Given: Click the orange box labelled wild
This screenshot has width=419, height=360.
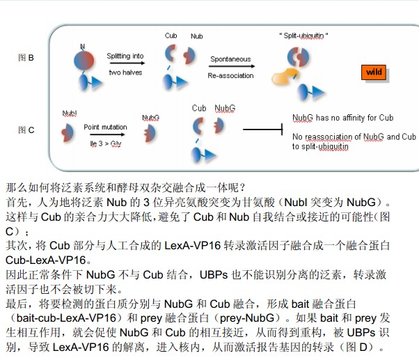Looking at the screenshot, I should coord(374,72).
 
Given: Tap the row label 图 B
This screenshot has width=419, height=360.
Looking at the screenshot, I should coord(26,58).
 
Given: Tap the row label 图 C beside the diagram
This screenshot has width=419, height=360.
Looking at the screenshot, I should coord(26,130).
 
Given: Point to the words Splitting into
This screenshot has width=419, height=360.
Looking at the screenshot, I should coord(125,56).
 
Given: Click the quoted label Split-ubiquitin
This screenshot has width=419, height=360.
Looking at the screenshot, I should coord(303,35).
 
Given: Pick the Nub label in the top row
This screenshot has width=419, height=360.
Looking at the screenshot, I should coord(196,36).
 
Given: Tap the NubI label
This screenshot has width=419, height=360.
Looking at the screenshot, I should coord(70,112).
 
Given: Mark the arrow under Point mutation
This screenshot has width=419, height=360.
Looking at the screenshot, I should coord(105,135).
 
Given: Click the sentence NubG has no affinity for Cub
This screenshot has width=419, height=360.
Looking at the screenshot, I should coord(342,118).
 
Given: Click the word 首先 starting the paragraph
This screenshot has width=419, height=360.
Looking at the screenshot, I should coord(16,202).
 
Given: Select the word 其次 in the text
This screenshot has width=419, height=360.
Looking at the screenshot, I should coord(16,246).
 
